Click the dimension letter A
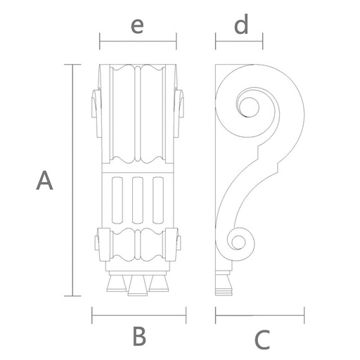(x=44, y=180)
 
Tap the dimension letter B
(x=139, y=336)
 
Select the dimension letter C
(x=262, y=339)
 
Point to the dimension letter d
(x=241, y=25)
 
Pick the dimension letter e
(x=137, y=26)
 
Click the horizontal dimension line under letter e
(x=138, y=41)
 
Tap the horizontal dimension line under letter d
(x=239, y=41)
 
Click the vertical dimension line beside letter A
(x=72, y=180)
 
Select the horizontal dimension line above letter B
(x=139, y=315)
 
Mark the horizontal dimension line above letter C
(x=260, y=315)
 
